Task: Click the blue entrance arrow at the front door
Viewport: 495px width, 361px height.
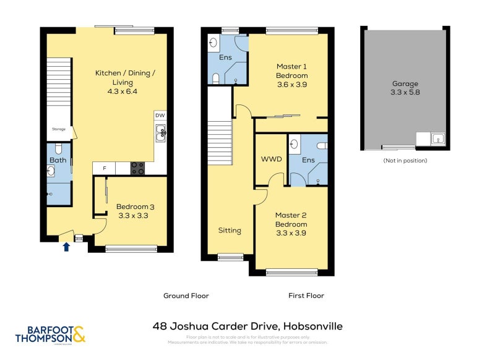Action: (67, 247)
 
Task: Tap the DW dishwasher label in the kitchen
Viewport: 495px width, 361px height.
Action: (160, 116)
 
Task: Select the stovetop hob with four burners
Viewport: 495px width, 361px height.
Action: (137, 168)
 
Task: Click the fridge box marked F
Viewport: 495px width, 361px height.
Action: (104, 168)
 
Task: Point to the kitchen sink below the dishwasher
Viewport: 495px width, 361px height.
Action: (161, 132)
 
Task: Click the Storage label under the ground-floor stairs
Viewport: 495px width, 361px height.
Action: (58, 130)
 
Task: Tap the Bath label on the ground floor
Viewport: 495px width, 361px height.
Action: (58, 161)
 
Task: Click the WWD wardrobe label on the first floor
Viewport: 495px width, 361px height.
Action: (271, 159)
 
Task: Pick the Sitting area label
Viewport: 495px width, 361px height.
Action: (229, 231)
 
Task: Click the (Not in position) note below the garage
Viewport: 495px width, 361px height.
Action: (405, 161)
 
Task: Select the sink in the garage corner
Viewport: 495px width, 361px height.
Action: (439, 139)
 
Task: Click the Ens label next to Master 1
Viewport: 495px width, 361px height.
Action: (226, 57)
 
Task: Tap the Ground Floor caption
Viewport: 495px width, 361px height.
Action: (186, 295)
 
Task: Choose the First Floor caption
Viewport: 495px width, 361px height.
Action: (306, 295)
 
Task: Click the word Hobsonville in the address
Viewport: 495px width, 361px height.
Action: (312, 326)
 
